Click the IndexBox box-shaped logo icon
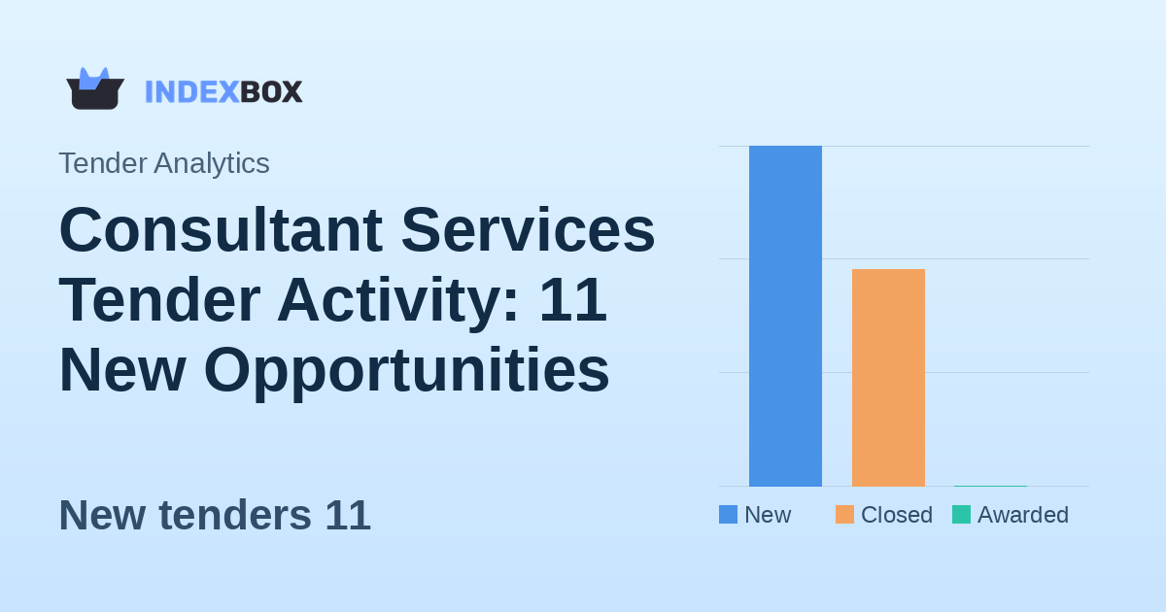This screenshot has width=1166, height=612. pos(94,89)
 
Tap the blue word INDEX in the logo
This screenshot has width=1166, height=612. pos(191,91)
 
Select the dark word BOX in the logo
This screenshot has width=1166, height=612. pos(271,91)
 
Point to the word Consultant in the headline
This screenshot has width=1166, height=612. pos(221,230)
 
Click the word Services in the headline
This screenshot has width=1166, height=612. pos(528,230)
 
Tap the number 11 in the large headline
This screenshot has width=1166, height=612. pos(572,300)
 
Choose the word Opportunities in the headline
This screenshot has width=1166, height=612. pos(406,370)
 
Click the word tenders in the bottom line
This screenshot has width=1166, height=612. pos(234,515)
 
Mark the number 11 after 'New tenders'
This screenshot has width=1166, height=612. pos(348,515)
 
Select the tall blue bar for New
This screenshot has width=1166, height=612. pos(785,316)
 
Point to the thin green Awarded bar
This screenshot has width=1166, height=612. pos(990,485)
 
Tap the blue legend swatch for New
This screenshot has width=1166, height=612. pos(728,515)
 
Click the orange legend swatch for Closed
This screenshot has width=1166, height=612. pos(844,515)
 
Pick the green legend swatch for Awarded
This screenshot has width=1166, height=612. pos(961,515)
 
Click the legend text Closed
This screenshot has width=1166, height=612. pos(896,515)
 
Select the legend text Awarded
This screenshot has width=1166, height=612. pos(1022,515)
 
